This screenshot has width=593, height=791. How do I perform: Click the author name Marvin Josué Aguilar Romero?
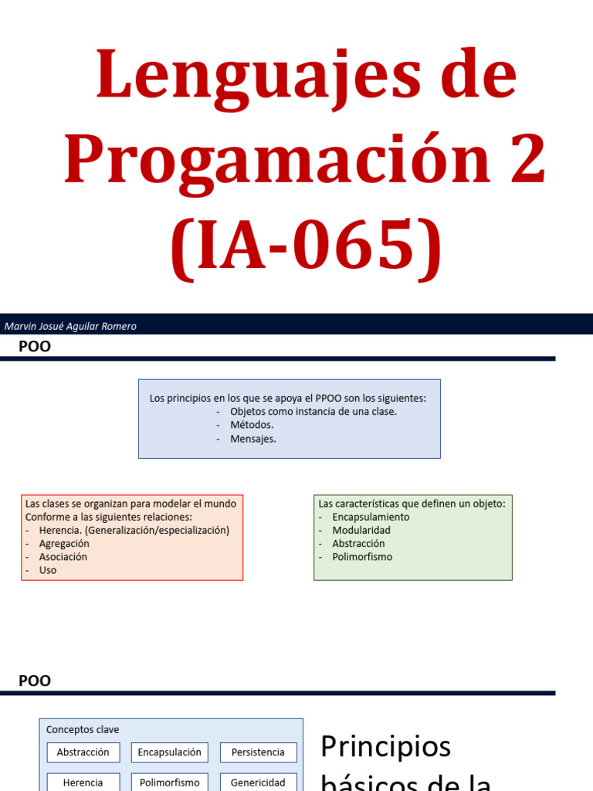pos(70,326)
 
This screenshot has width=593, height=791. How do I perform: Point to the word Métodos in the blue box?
pos(252,425)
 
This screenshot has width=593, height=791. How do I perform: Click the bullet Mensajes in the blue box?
pos(252,439)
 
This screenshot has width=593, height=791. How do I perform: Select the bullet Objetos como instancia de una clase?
pos(313,412)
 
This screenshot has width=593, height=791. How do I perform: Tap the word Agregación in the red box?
pos(64,544)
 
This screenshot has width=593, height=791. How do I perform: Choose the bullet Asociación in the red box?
pos(63,557)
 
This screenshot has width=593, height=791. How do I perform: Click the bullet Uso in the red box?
pos(48,570)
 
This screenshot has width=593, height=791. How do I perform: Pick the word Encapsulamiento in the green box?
pos(371,517)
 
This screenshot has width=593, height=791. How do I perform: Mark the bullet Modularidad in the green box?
pos(361,531)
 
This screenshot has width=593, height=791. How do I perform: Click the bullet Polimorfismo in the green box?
pos(362,557)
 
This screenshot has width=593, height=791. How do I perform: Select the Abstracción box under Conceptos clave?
pos(83,752)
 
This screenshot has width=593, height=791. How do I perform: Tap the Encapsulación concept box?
pos(170,752)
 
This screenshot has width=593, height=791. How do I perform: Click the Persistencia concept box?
pos(258,752)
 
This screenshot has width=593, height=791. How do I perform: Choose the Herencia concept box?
pos(83,782)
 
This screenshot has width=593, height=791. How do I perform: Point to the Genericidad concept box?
pos(258,782)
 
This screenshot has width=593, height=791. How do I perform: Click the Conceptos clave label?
pos(83,730)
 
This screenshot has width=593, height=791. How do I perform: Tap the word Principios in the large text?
pos(385,747)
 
